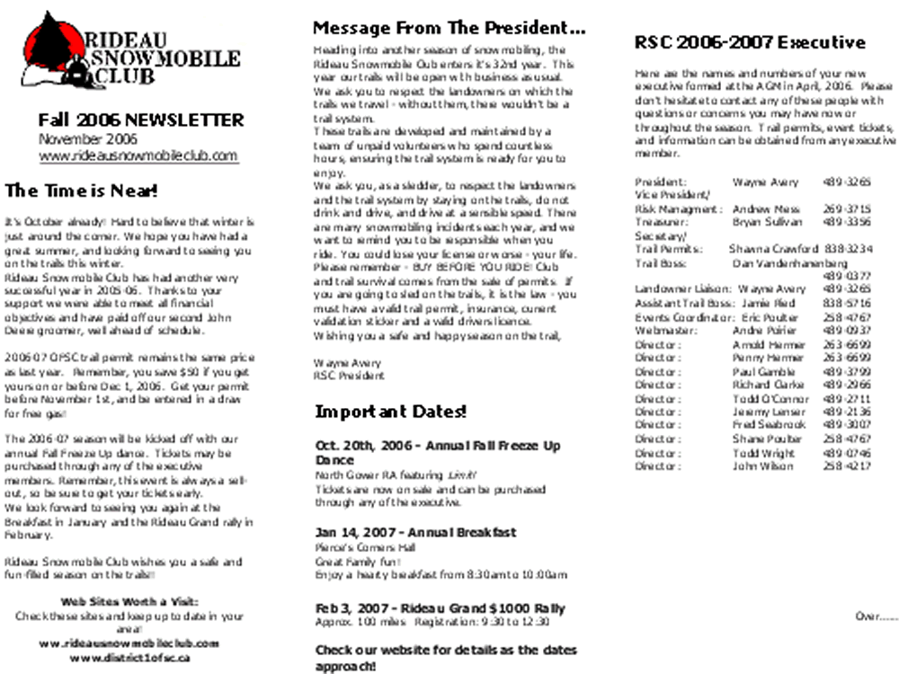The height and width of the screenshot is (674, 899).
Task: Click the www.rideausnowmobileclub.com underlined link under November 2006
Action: click(138, 155)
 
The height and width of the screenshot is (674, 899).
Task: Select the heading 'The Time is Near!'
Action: click(82, 191)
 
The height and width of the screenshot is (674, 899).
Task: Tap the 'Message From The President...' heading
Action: click(449, 28)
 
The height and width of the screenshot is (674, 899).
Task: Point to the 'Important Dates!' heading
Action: click(391, 412)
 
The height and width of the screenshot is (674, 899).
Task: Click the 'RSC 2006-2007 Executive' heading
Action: click(750, 42)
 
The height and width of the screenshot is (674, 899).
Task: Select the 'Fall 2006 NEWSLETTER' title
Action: click(140, 120)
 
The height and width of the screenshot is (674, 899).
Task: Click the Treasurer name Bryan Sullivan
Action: click(766, 222)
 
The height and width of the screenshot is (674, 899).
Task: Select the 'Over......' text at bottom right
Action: click(876, 616)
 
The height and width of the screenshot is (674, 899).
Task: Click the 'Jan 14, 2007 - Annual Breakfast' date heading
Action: click(415, 532)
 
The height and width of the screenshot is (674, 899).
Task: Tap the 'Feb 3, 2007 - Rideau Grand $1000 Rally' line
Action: click(440, 608)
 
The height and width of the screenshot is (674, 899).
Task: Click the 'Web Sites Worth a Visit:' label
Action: click(129, 601)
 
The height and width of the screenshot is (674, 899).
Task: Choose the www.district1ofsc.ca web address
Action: click(129, 658)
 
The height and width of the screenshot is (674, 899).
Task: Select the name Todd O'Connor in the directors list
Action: click(770, 399)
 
